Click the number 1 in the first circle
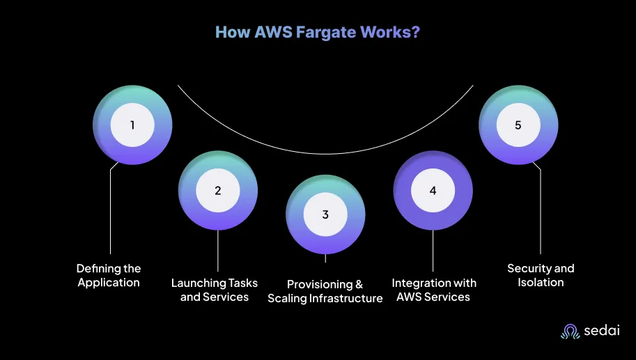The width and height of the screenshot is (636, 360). pyautogui.click(x=132, y=125)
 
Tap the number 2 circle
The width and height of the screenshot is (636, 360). pyautogui.click(x=218, y=190)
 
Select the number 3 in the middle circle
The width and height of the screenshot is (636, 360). pyautogui.click(x=325, y=214)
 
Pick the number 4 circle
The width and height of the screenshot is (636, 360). pyautogui.click(x=433, y=190)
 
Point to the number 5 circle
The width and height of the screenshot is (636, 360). pyautogui.click(x=518, y=125)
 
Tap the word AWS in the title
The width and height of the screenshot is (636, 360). pyautogui.click(x=273, y=32)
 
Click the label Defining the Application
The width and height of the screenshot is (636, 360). pyautogui.click(x=109, y=275)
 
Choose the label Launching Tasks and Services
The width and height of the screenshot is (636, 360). pyautogui.click(x=214, y=290)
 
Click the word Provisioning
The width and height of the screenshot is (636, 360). pyautogui.click(x=320, y=285)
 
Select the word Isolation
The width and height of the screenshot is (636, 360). pyautogui.click(x=541, y=282)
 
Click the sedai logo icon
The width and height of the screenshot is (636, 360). pyautogui.click(x=571, y=331)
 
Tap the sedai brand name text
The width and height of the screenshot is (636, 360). pyautogui.click(x=602, y=330)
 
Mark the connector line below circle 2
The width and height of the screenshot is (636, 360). pyautogui.click(x=218, y=251)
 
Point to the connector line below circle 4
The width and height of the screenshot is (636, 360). pyautogui.click(x=433, y=251)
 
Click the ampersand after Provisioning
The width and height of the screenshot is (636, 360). pyautogui.click(x=359, y=285)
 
